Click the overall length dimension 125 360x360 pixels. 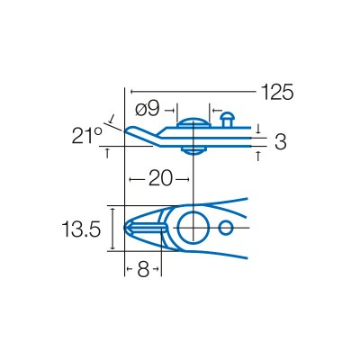click(x=277, y=92)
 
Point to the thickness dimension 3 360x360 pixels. click(x=280, y=141)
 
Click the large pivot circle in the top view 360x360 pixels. click(x=192, y=228)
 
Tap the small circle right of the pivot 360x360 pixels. click(x=225, y=227)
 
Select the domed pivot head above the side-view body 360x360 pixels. click(x=191, y=122)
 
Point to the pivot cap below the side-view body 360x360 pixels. click(x=191, y=150)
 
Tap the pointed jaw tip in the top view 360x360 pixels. click(x=127, y=229)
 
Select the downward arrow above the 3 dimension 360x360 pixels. click(x=258, y=128)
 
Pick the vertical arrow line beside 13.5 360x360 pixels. click(x=112, y=229)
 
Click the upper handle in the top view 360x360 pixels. click(x=229, y=203)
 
